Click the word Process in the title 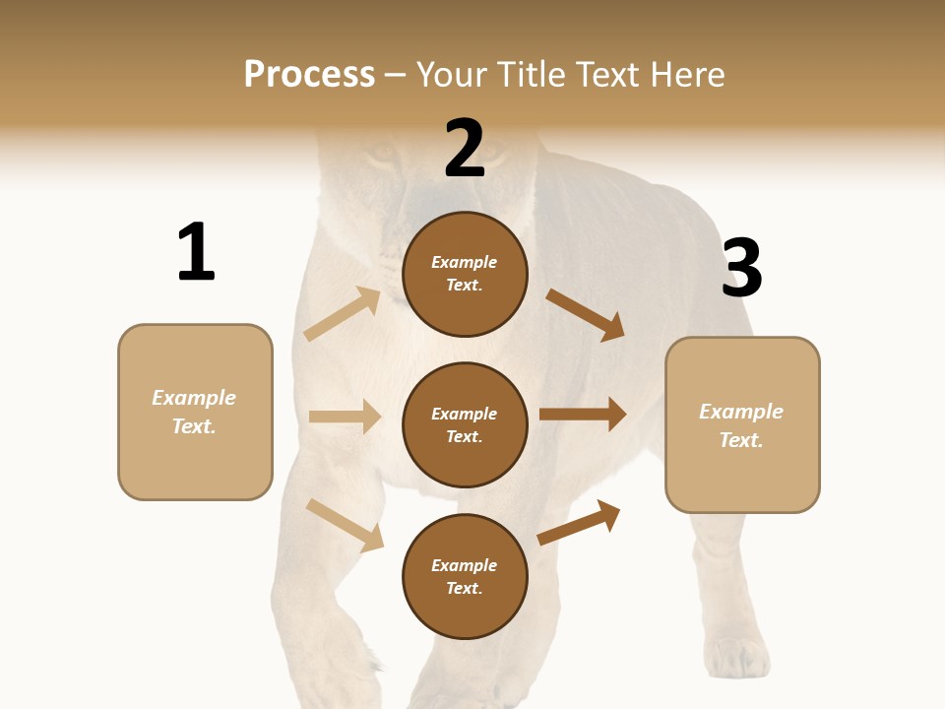(309, 75)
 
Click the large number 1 (196, 252)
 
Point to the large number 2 (465, 149)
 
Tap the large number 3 (741, 269)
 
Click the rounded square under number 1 (195, 412)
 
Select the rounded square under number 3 (742, 425)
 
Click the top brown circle (465, 274)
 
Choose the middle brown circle (465, 425)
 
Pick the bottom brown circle (465, 577)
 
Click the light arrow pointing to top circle (343, 313)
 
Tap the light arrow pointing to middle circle (345, 417)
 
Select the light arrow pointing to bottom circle (345, 525)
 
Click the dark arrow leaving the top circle (586, 314)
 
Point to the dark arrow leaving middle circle (583, 414)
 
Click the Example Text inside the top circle (465, 274)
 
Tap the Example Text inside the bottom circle (465, 577)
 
